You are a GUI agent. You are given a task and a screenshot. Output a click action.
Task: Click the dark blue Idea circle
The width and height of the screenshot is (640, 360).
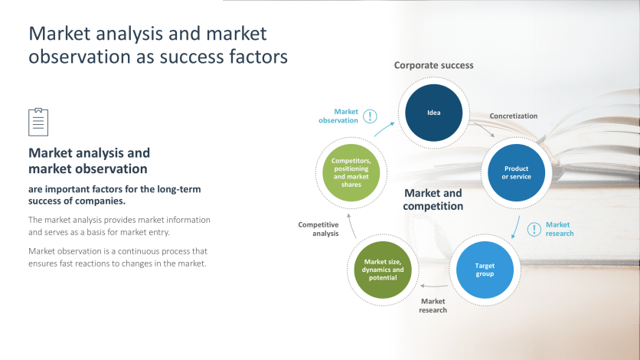coord(433,113)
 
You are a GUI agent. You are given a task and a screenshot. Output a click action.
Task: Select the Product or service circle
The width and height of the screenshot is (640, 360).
coord(516,172)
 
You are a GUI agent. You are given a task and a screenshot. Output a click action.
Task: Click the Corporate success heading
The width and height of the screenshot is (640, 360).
coord(433,65)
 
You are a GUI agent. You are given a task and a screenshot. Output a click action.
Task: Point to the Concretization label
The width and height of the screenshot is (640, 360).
coord(514,116)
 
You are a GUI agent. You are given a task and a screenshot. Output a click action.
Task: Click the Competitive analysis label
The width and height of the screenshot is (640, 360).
coord(318,229)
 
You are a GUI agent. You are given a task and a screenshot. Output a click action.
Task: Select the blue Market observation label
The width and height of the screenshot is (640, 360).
coord(338,116)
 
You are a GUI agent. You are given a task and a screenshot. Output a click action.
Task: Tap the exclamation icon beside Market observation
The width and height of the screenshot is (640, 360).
coord(371,116)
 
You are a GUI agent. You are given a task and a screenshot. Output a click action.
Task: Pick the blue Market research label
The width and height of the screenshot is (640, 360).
coord(559,229)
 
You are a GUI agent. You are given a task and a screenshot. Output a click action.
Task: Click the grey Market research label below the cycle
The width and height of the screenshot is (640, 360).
coord(433,306)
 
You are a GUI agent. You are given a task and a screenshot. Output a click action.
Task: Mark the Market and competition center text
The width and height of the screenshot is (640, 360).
coord(433,200)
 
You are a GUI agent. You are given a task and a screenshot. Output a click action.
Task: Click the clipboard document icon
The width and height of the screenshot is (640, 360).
coord(38,122)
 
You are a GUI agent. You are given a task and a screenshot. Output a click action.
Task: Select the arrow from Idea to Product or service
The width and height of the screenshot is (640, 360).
coord(485,131)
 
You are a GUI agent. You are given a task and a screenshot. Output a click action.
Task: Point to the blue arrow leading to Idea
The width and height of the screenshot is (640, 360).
coord(385,128)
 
